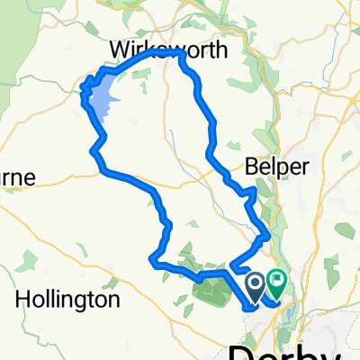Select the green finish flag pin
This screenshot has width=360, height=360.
pyautogui.click(x=275, y=286)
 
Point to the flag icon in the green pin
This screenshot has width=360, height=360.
pyautogui.click(x=275, y=283)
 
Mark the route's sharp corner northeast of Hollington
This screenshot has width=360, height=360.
pyautogui.click(x=150, y=260)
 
